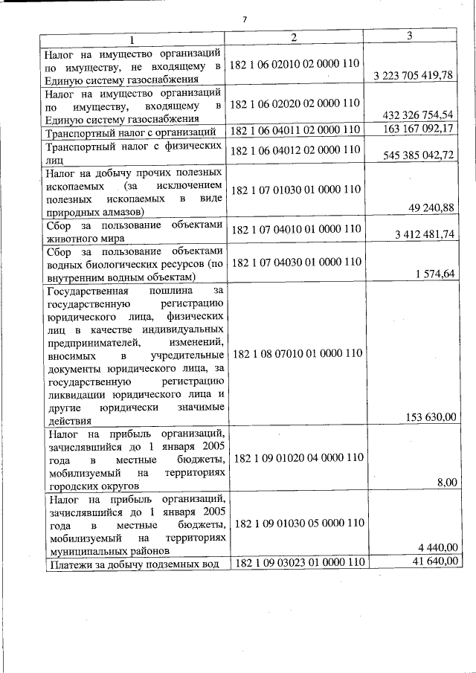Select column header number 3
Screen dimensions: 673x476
[x=410, y=36]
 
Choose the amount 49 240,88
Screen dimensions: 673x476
[x=431, y=207]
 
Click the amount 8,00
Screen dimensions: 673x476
[x=447, y=483]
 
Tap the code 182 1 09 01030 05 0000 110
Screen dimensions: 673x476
[x=298, y=523]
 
